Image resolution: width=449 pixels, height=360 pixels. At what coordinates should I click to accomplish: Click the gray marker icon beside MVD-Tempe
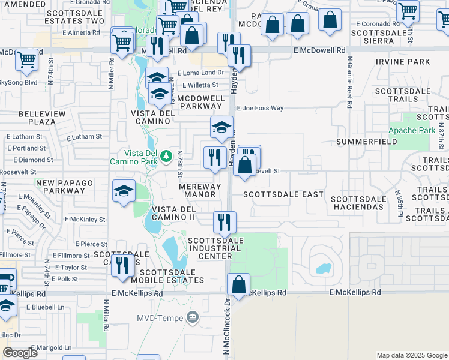coord(193,317)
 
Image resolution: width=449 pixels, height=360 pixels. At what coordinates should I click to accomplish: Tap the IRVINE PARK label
coord(403,62)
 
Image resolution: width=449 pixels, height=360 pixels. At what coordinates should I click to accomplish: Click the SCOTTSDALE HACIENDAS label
coord(357,203)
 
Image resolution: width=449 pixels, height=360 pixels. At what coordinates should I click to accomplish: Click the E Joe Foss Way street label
coord(259,109)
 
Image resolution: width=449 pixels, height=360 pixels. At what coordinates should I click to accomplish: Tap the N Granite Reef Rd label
coord(349,82)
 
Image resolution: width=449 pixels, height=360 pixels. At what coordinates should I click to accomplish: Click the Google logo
coord(20,353)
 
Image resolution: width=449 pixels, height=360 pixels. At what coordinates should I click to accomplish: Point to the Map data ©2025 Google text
coord(411,355)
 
